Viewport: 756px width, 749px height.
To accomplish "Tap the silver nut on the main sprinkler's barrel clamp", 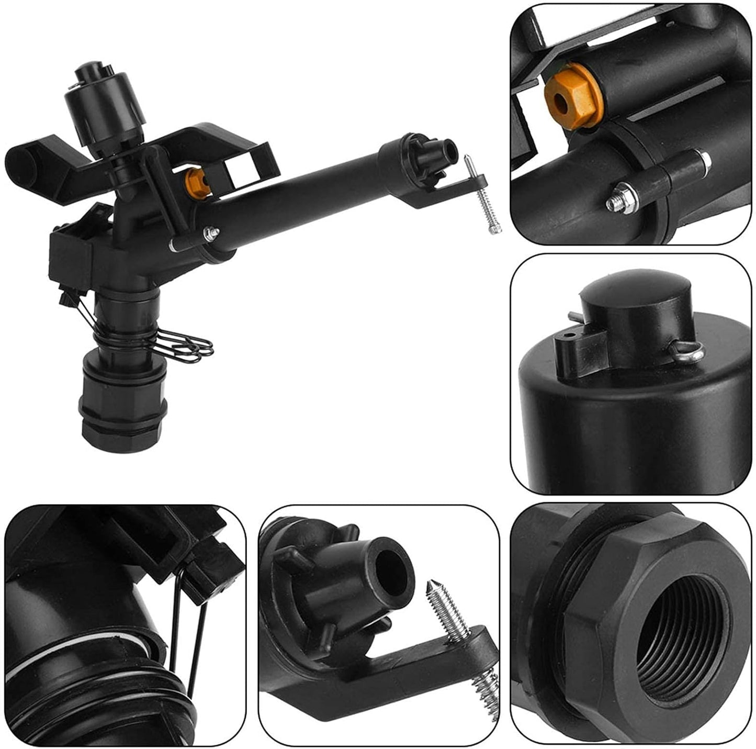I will coord(212,231).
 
